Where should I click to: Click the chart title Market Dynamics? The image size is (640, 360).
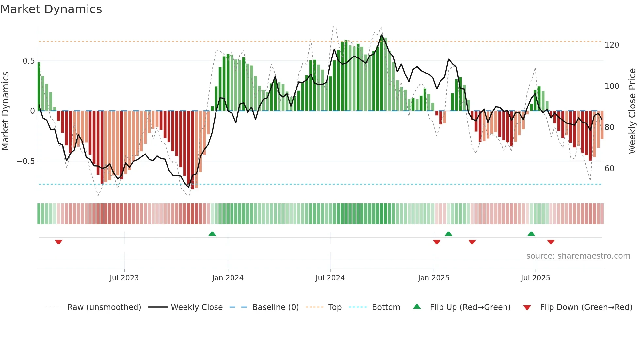click(x=51, y=9)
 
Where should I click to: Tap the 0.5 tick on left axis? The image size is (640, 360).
click(x=28, y=61)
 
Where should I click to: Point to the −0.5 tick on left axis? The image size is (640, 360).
click(x=25, y=161)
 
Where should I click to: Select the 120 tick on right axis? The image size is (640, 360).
click(x=612, y=45)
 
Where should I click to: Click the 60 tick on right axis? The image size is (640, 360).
click(x=609, y=169)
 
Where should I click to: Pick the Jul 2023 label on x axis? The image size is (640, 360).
click(x=124, y=278)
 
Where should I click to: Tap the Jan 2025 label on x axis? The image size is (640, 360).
click(x=433, y=278)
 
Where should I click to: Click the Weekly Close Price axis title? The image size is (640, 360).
click(x=632, y=111)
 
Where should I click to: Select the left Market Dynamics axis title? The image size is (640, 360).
click(x=5, y=111)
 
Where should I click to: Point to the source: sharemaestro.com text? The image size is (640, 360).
click(x=578, y=256)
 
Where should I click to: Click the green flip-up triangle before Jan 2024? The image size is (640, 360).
click(x=212, y=234)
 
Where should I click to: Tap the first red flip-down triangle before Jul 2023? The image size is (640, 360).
click(x=59, y=242)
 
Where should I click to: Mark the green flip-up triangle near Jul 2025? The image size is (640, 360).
click(x=531, y=234)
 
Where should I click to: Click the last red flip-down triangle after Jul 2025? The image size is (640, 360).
click(x=551, y=242)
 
